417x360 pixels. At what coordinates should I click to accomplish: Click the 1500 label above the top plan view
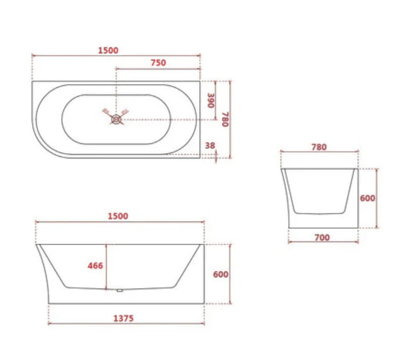point(108,50)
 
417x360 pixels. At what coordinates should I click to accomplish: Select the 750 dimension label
point(157,62)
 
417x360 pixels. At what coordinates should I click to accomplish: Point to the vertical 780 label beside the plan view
point(225,119)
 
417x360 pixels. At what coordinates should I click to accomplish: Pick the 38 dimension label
point(210,145)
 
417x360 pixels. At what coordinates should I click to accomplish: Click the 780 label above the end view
point(318,147)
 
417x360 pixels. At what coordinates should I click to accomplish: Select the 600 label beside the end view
point(367,198)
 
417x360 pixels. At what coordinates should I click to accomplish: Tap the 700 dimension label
point(322,237)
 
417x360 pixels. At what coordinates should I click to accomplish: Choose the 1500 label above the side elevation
point(118,216)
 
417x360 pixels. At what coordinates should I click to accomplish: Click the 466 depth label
point(95,266)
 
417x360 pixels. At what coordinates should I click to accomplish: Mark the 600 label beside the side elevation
point(220,274)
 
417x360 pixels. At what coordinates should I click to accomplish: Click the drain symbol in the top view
point(116,119)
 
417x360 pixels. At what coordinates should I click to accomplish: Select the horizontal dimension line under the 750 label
point(157,69)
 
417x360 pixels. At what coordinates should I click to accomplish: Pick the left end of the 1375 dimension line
point(48,322)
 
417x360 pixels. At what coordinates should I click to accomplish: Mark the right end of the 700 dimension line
point(358,242)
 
